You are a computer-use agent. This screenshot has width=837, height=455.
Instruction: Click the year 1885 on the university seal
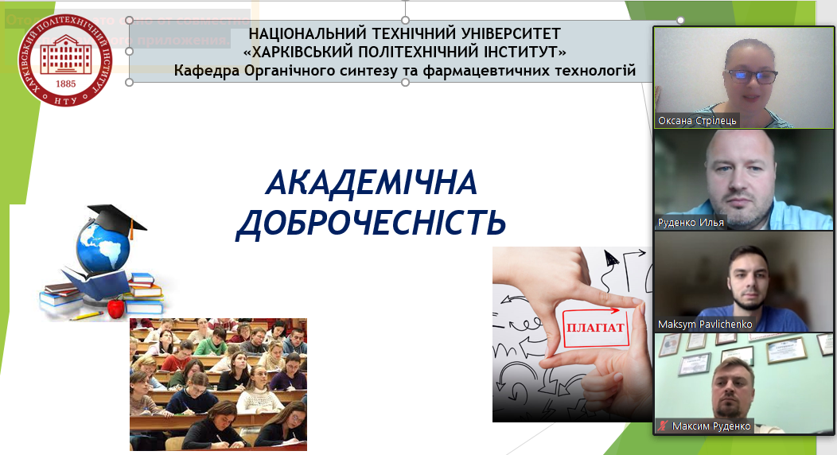[x=66, y=83]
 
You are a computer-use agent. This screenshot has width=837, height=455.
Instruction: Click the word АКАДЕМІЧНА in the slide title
[x=372, y=184]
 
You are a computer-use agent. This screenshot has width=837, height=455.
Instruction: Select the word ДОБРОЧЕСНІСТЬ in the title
[x=372, y=223]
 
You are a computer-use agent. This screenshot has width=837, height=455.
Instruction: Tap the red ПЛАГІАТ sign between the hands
[x=594, y=327]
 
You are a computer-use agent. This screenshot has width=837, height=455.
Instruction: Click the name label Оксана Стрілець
[x=697, y=122]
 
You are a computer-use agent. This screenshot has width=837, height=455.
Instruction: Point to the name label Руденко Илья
[x=691, y=223]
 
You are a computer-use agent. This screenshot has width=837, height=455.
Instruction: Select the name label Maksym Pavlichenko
[x=705, y=325]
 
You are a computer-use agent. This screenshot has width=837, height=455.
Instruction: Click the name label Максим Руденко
[x=710, y=426]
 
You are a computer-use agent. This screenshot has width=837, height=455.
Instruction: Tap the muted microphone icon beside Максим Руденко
[x=662, y=426]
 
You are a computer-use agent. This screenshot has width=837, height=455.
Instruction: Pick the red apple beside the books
[x=115, y=307]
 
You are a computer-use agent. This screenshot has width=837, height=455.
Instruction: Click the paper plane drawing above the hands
[x=610, y=258]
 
